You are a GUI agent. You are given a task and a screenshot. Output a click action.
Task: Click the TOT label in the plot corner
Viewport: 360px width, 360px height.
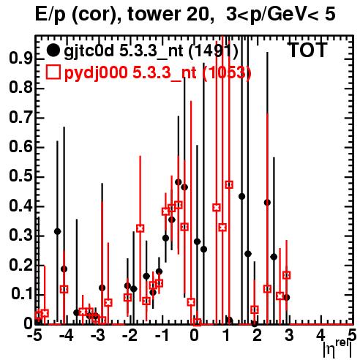pos(308,50)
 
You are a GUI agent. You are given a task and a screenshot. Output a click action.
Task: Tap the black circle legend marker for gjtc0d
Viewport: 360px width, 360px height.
pos(53,50)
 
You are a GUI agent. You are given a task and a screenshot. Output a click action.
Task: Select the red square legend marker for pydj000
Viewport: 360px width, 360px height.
pos(53,72)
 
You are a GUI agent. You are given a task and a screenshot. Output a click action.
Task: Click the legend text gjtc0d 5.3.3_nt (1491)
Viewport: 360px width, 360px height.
pos(151,51)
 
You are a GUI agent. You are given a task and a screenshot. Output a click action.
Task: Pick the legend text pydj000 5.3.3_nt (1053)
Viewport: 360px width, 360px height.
pos(157,72)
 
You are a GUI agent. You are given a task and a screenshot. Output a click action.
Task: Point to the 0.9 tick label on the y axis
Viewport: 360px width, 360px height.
pos(20,59)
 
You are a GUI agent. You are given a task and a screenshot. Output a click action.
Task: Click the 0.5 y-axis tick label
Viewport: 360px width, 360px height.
pos(20,176)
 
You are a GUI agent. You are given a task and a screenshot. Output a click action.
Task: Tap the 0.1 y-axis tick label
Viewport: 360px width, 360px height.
pos(21,294)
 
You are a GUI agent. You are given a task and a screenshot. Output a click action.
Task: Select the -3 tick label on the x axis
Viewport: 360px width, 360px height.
pos(97,335)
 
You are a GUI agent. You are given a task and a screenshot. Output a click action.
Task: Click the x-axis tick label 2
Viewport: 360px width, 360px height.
pos(258,335)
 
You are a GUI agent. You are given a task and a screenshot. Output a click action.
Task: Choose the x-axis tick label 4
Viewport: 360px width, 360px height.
pos(321,335)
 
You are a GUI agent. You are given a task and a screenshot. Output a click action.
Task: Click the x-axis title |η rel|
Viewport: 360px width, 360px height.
pos(337,348)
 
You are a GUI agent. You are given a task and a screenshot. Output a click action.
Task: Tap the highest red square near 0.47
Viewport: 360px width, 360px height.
pos(229,184)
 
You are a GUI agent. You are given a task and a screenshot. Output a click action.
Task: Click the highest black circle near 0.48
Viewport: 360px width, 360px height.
pos(179,182)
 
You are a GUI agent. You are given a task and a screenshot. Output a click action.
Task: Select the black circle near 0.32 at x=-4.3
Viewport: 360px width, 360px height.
pos(58,231)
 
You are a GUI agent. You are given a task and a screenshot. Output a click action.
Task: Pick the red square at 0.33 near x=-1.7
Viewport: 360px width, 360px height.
pos(140,228)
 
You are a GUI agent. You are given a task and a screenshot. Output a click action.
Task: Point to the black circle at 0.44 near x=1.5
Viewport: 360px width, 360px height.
pos(241,196)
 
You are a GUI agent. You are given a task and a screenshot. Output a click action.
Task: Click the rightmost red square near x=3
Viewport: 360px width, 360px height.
pos(287,275)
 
